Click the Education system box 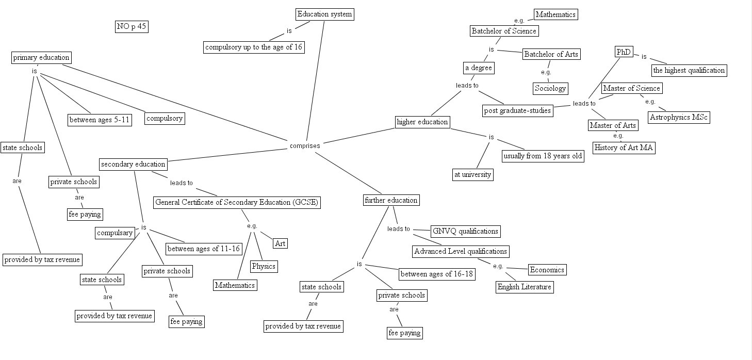tap(324, 14)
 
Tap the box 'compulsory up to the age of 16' tap(254, 47)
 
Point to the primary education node tap(41, 58)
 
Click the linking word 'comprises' tap(305, 146)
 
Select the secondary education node tap(133, 165)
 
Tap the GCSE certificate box tap(237, 203)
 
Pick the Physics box tap(264, 267)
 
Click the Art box tap(280, 243)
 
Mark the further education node tap(391, 200)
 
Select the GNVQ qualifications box tap(465, 232)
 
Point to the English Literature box tap(524, 287)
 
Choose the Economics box tap(547, 270)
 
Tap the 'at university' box tap(472, 175)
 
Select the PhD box tap(624, 52)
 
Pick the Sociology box tap(550, 88)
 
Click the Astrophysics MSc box tap(678, 118)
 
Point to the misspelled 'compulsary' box tap(115, 233)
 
